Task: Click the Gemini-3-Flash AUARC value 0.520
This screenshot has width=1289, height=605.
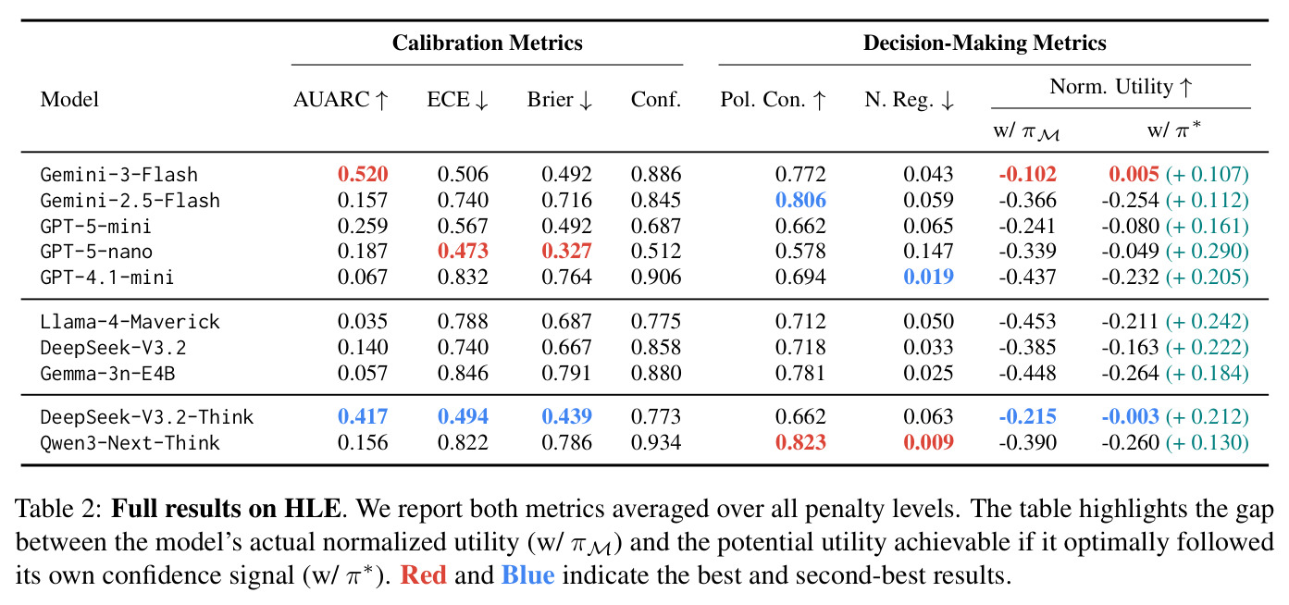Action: [363, 174]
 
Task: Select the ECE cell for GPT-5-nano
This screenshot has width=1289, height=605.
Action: [463, 251]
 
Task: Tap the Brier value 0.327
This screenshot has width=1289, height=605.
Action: [566, 251]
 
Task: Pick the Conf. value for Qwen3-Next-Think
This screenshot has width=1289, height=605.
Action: [656, 442]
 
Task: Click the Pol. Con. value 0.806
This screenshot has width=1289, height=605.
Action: [800, 200]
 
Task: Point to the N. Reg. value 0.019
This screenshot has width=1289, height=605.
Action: [928, 277]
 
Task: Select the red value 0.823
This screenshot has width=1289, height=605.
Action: [800, 442]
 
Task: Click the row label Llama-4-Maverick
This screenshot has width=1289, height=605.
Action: [130, 322]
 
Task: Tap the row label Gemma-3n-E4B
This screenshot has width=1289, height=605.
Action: [107, 373]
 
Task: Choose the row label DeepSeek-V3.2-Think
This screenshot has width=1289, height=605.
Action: [147, 417]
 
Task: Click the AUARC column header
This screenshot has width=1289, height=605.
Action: [341, 100]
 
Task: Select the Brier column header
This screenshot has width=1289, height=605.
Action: [559, 100]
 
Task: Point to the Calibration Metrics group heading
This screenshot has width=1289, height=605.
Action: [488, 43]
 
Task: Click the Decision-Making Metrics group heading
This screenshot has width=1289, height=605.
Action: [985, 43]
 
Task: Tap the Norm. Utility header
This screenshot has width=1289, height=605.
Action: [1121, 87]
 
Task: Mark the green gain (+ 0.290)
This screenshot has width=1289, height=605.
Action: [1208, 252]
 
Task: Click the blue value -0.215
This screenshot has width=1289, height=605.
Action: [1028, 416]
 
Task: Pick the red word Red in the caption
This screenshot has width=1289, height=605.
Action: [423, 575]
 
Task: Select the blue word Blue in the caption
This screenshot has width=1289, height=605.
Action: [527, 575]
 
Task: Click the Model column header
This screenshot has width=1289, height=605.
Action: [69, 100]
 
